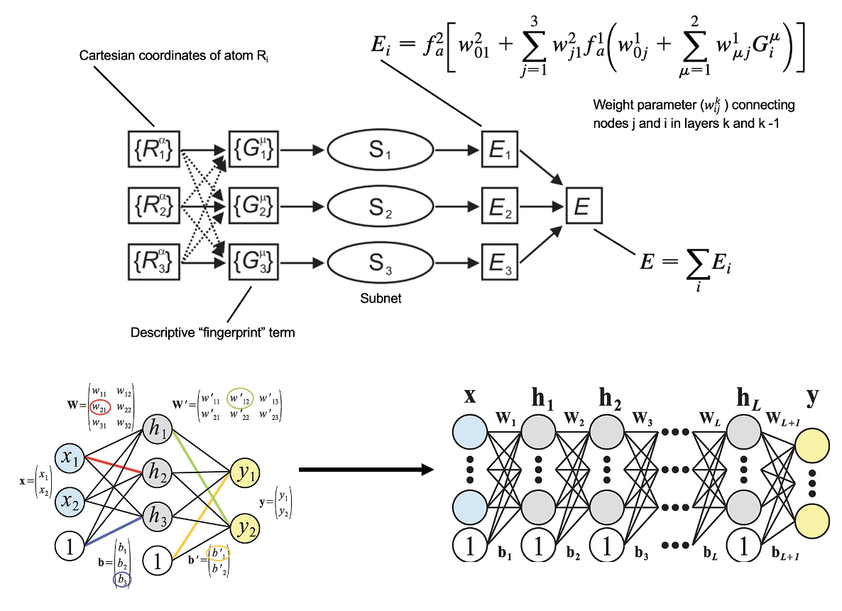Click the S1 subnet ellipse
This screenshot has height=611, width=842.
pos(380,151)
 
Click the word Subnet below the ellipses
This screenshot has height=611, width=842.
pos(381,298)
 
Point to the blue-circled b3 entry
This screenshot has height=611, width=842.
pos(122,580)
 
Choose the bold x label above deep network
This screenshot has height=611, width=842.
pos(469,396)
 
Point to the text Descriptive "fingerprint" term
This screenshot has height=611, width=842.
pos(212,332)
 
